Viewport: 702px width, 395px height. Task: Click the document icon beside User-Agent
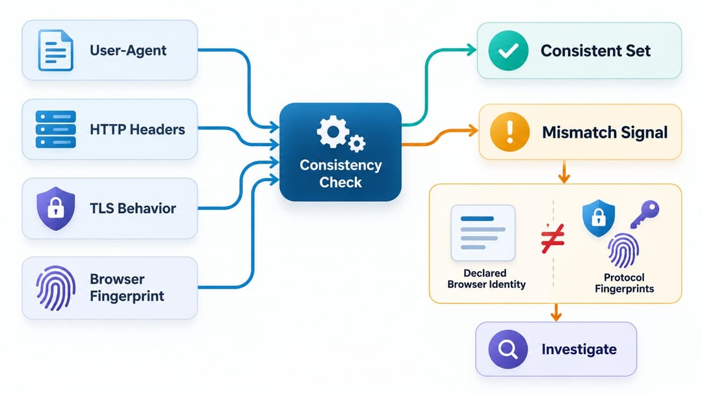pyautogui.click(x=55, y=50)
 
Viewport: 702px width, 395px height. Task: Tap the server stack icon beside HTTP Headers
pyautogui.click(x=55, y=129)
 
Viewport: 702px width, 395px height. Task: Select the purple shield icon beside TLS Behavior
pyautogui.click(x=55, y=209)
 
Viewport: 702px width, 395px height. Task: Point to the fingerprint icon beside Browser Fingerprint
pyautogui.click(x=55, y=288)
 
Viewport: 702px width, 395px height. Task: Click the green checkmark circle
pyautogui.click(x=508, y=51)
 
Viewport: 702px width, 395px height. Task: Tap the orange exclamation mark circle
pyautogui.click(x=510, y=132)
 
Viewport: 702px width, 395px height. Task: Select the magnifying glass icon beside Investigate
pyautogui.click(x=508, y=349)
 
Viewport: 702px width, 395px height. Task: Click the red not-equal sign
pyautogui.click(x=553, y=238)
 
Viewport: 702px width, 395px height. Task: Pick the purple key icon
pyautogui.click(x=645, y=214)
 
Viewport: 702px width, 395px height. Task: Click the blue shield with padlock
pyautogui.click(x=599, y=218)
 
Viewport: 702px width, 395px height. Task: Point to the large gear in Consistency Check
pyautogui.click(x=333, y=131)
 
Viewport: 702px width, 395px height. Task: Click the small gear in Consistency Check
pyautogui.click(x=356, y=143)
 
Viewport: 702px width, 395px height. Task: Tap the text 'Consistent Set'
pyautogui.click(x=595, y=51)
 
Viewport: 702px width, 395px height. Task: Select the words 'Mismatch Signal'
pyautogui.click(x=605, y=133)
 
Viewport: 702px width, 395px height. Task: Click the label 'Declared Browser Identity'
pyautogui.click(x=486, y=279)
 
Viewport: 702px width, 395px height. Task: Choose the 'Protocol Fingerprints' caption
pyautogui.click(x=624, y=283)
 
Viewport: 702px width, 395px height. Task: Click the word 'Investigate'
pyautogui.click(x=579, y=349)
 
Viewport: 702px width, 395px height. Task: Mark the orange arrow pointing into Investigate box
pyautogui.click(x=556, y=312)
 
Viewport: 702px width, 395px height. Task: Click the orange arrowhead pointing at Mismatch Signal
pyautogui.click(x=473, y=131)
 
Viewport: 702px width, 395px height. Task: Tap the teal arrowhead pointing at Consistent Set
pyautogui.click(x=471, y=49)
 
